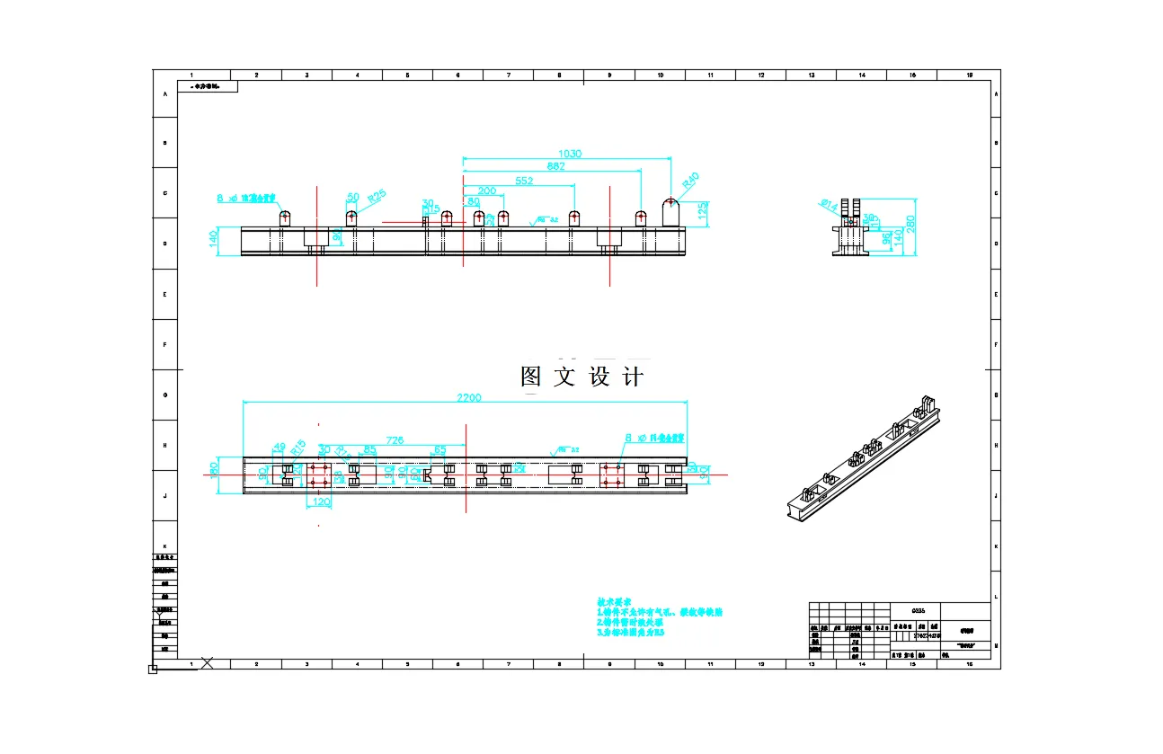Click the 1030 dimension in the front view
pos(570,154)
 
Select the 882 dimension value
pos(555,166)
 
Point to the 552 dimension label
pos(524,181)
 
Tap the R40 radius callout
pos(690,182)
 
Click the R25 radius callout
pos(377,195)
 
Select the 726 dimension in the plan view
pos(395,440)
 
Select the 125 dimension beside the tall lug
pos(702,213)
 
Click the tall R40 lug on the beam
pos(670,213)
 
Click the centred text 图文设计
pos(582,377)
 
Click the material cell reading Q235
pos(919,610)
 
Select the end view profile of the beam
pos(849,230)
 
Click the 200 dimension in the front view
pos(486,191)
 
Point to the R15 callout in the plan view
pos(299,443)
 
